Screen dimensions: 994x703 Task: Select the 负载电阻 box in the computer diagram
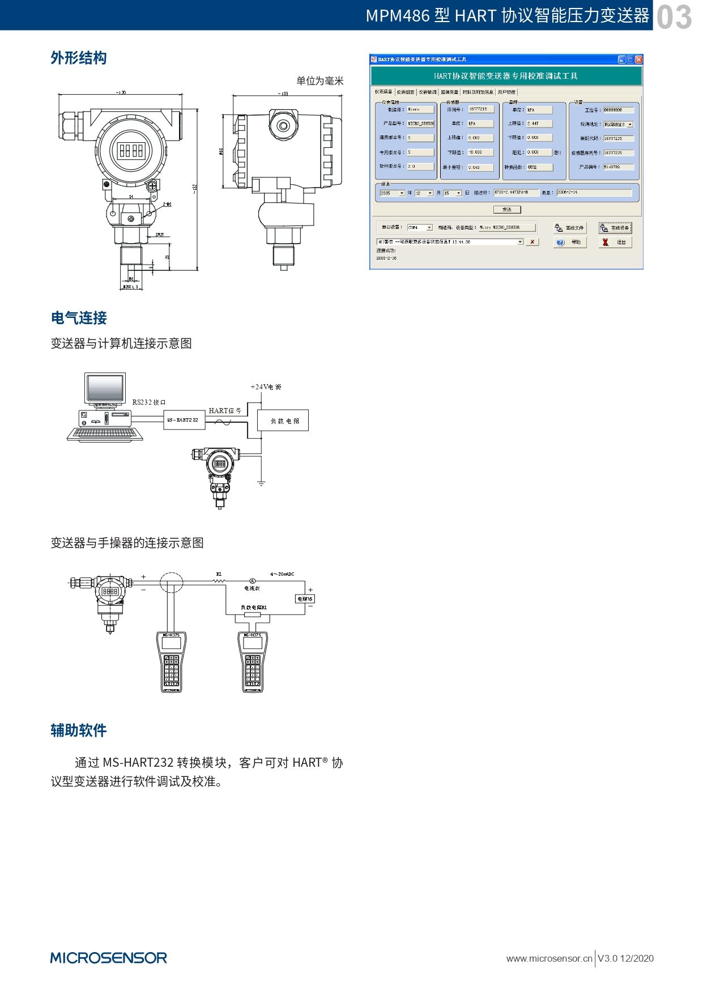pyautogui.click(x=283, y=420)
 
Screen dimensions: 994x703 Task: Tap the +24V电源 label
pyautogui.click(x=266, y=387)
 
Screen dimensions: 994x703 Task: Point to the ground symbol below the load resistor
pyautogui.click(x=261, y=483)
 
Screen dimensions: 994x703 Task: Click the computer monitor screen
pyautogui.click(x=105, y=389)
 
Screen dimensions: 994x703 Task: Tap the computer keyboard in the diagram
pyautogui.click(x=104, y=434)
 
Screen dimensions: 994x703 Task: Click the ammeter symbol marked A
pyautogui.click(x=253, y=581)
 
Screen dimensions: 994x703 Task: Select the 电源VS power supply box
pyautogui.click(x=305, y=599)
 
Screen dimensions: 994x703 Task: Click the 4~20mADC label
pyautogui.click(x=282, y=574)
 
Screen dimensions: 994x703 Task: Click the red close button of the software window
pyautogui.click(x=638, y=60)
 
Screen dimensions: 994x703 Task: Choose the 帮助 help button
pyautogui.click(x=569, y=242)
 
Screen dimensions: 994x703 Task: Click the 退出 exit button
pyautogui.click(x=615, y=242)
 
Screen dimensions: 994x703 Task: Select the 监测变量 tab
pyautogui.click(x=449, y=92)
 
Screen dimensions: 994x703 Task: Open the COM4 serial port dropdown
pyautogui.click(x=429, y=227)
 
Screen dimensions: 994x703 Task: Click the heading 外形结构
pyautogui.click(x=79, y=58)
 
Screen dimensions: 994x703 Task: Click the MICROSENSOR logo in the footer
pyautogui.click(x=109, y=958)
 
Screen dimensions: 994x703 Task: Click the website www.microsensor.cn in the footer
pyautogui.click(x=548, y=958)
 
